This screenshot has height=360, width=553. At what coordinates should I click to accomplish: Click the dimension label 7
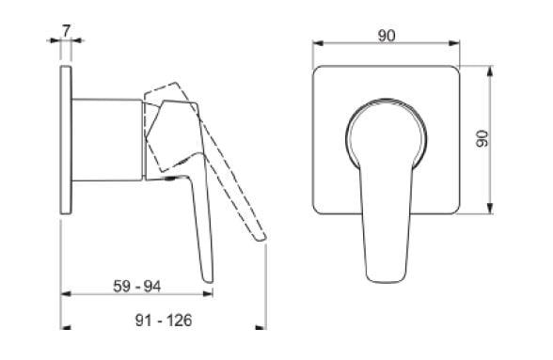66,30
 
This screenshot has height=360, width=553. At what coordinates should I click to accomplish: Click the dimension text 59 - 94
137,286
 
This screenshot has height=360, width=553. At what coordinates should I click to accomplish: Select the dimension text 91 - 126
164,321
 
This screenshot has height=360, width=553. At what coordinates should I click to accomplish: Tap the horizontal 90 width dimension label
387,36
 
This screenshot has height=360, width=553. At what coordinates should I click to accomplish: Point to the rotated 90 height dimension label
482,138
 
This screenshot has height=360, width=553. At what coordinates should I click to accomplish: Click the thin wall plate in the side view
66,140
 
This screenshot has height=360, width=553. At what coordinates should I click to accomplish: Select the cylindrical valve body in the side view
107,140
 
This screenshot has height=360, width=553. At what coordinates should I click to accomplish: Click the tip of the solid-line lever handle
209,281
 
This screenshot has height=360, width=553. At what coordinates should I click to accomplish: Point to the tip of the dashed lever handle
261,239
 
